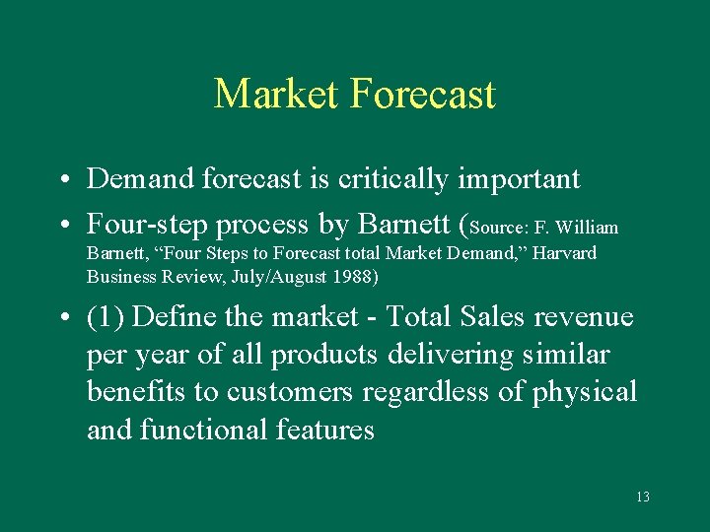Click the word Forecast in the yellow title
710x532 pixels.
[422, 95]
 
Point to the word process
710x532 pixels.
[271, 226]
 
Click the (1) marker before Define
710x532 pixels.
[105, 317]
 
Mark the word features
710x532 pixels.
[326, 430]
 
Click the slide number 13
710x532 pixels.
[642, 497]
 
